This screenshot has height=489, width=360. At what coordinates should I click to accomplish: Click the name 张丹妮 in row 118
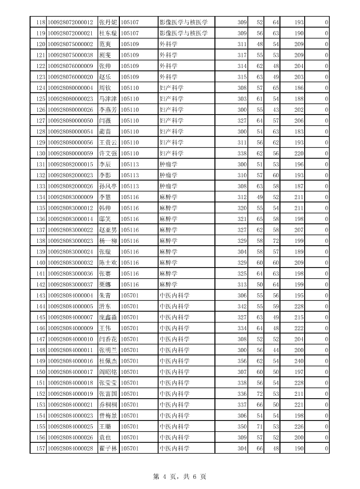[x=108, y=22]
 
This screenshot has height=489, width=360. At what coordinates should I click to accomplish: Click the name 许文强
[x=108, y=153]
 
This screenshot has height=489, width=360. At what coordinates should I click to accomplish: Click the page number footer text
[x=180, y=477]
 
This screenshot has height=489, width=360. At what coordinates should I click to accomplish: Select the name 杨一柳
[x=108, y=241]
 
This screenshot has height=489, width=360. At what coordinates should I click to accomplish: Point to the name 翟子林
[x=108, y=449]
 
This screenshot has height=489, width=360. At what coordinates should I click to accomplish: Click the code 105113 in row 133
[x=130, y=186]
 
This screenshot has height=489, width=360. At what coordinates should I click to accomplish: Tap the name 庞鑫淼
[x=108, y=318]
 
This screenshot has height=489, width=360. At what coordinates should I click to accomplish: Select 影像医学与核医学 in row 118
[x=183, y=22]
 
